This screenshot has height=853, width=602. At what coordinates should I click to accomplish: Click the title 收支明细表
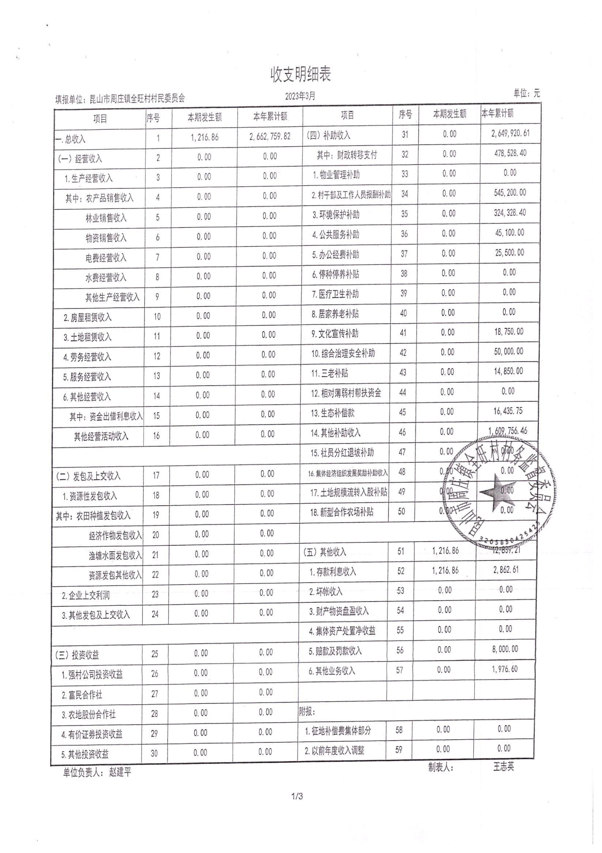tap(300, 75)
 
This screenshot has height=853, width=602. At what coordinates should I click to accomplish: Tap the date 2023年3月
tap(300, 96)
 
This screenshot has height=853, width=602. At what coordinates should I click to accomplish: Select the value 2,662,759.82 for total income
tap(270, 136)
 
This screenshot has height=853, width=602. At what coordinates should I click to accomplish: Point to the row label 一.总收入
tap(70, 139)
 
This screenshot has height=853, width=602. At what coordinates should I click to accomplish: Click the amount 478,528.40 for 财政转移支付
tap(510, 153)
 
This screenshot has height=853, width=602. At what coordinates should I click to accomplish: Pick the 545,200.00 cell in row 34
tap(510, 193)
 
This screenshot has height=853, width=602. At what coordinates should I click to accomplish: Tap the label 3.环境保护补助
tap(336, 215)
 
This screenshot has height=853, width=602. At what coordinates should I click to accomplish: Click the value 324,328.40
tap(510, 213)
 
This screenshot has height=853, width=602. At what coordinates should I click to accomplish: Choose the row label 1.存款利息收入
tap(332, 572)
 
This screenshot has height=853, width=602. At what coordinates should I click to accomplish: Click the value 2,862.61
tap(506, 570)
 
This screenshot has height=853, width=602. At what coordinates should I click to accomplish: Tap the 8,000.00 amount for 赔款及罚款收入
tap(505, 649)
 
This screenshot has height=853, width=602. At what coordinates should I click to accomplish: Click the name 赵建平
tap(120, 773)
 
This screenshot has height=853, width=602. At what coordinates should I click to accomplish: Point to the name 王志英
tap(503, 766)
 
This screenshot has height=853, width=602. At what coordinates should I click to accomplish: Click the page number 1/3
tap(298, 807)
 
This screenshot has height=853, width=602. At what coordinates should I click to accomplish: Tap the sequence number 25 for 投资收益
tap(155, 654)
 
